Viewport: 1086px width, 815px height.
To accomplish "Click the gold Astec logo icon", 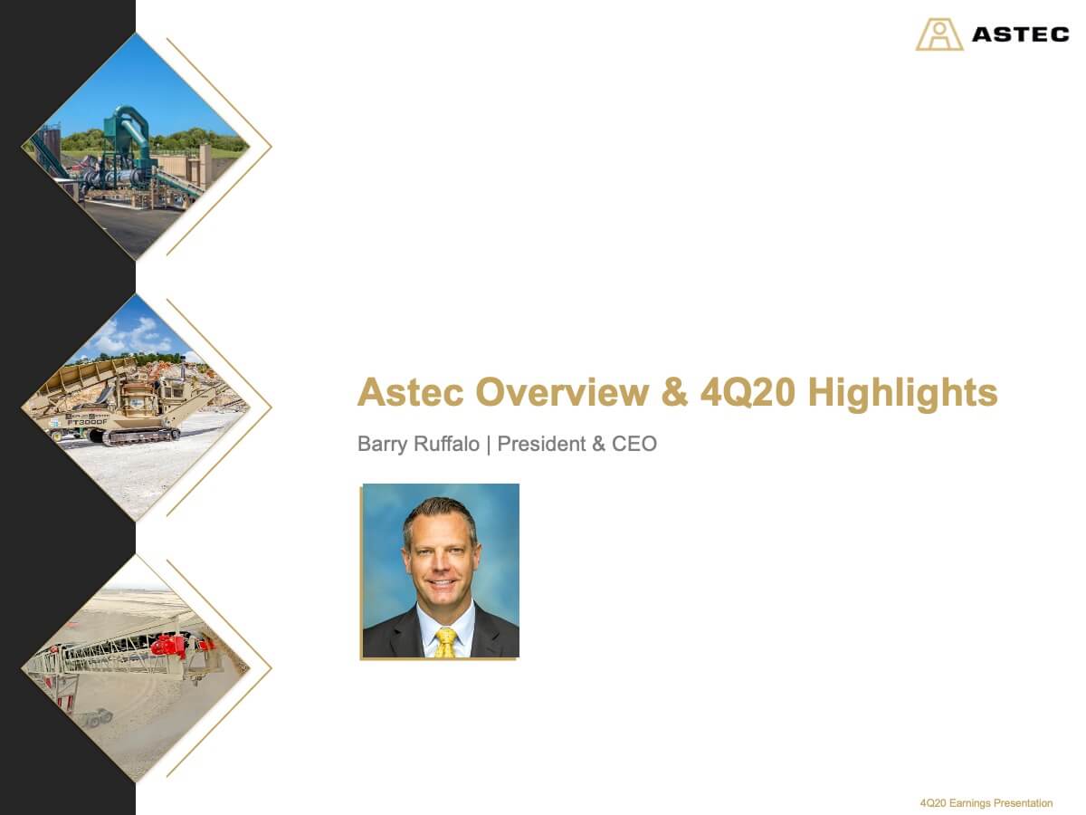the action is (939, 34).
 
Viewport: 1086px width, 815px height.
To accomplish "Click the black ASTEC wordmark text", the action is (1021, 34).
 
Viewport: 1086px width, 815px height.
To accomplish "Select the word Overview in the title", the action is (562, 392).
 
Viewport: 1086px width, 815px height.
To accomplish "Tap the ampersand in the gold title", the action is (674, 392).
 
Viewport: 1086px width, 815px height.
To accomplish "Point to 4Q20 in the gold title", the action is (748, 392).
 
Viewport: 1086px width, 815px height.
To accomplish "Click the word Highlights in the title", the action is (902, 393).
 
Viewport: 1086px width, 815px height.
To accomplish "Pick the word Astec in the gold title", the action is (411, 392).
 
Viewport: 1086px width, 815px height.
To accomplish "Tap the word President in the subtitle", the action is (541, 444).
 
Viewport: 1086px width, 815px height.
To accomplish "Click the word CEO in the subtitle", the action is (634, 444).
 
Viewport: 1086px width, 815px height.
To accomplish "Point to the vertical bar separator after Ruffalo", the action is (489, 444).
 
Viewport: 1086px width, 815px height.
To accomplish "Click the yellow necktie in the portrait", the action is (445, 642).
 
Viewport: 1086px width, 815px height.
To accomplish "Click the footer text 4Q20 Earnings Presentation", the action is (986, 802).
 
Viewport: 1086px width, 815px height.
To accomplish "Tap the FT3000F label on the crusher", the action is (87, 422).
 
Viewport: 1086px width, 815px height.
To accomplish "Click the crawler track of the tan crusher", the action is (140, 436).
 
